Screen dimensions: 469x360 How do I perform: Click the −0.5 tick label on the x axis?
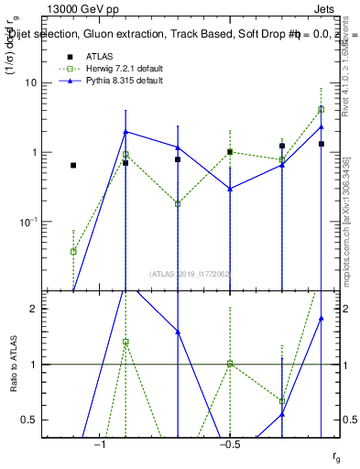point(229,444)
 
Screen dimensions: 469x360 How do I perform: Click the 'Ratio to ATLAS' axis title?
point(13,364)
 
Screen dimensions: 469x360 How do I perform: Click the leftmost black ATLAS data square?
point(73,165)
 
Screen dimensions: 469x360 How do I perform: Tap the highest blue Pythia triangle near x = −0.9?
point(125,132)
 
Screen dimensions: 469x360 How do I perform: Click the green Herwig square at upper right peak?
point(322,109)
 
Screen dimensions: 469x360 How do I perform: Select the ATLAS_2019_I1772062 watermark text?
point(191,273)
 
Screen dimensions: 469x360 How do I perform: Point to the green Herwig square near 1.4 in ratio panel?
point(125,342)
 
